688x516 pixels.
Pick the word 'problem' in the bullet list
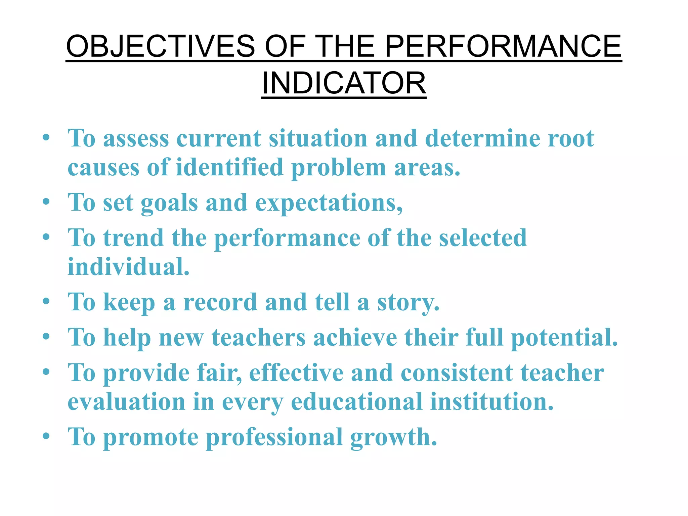(x=339, y=168)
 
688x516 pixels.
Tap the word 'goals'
(x=169, y=204)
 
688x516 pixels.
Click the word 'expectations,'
(x=329, y=204)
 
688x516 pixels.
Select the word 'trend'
(x=133, y=238)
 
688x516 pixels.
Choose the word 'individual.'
(x=129, y=267)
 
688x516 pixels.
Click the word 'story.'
(x=408, y=302)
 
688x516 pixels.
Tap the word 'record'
(x=220, y=302)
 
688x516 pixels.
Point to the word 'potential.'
(x=564, y=338)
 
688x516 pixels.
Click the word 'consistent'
(x=457, y=373)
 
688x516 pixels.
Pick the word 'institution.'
(x=491, y=402)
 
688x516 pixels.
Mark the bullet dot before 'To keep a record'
(x=46, y=301)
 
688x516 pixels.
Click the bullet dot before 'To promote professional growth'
(x=46, y=436)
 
